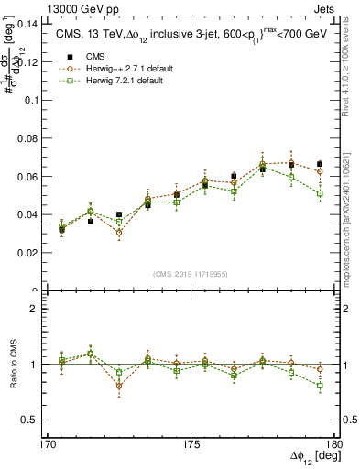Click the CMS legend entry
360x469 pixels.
click(x=92, y=55)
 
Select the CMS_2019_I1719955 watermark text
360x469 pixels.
click(x=191, y=273)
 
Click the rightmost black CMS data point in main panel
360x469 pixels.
click(x=319, y=164)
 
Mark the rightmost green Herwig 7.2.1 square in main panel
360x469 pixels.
click(x=319, y=193)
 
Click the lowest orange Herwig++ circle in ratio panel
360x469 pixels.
click(x=119, y=386)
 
